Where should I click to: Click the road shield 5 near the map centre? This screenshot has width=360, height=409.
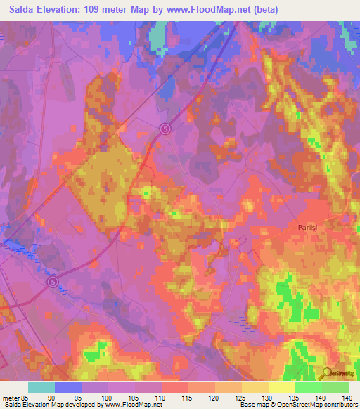click(x=165, y=128)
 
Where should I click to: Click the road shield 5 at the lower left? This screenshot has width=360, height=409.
click(x=53, y=281)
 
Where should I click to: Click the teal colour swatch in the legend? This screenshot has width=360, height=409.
click(x=41, y=387)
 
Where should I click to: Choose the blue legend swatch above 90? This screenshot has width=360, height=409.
click(x=68, y=387)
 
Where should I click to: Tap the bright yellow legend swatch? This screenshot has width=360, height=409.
click(x=282, y=387)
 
